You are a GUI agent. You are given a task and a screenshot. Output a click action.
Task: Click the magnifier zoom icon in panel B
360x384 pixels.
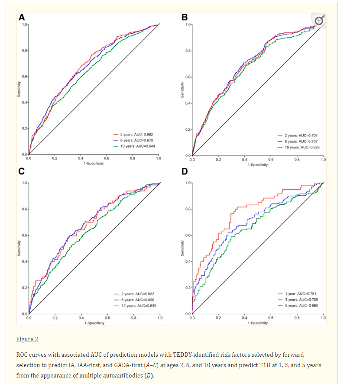click(x=319, y=20)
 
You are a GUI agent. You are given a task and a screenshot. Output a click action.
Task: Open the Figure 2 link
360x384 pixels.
click(x=27, y=339)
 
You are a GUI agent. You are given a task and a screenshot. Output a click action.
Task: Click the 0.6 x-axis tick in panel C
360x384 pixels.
click(x=107, y=318)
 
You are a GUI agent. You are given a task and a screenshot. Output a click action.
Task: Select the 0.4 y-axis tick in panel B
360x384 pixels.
click(x=188, y=103)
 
